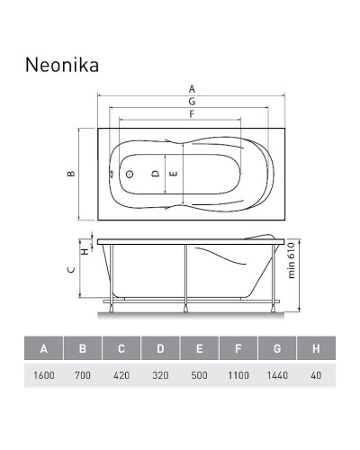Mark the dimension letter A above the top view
(x=191, y=88)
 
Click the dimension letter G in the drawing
(x=191, y=102)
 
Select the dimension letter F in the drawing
(x=191, y=114)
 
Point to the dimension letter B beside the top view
(x=70, y=174)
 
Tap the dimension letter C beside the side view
(x=70, y=268)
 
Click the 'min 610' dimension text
(x=292, y=263)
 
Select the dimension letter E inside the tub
(x=174, y=173)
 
